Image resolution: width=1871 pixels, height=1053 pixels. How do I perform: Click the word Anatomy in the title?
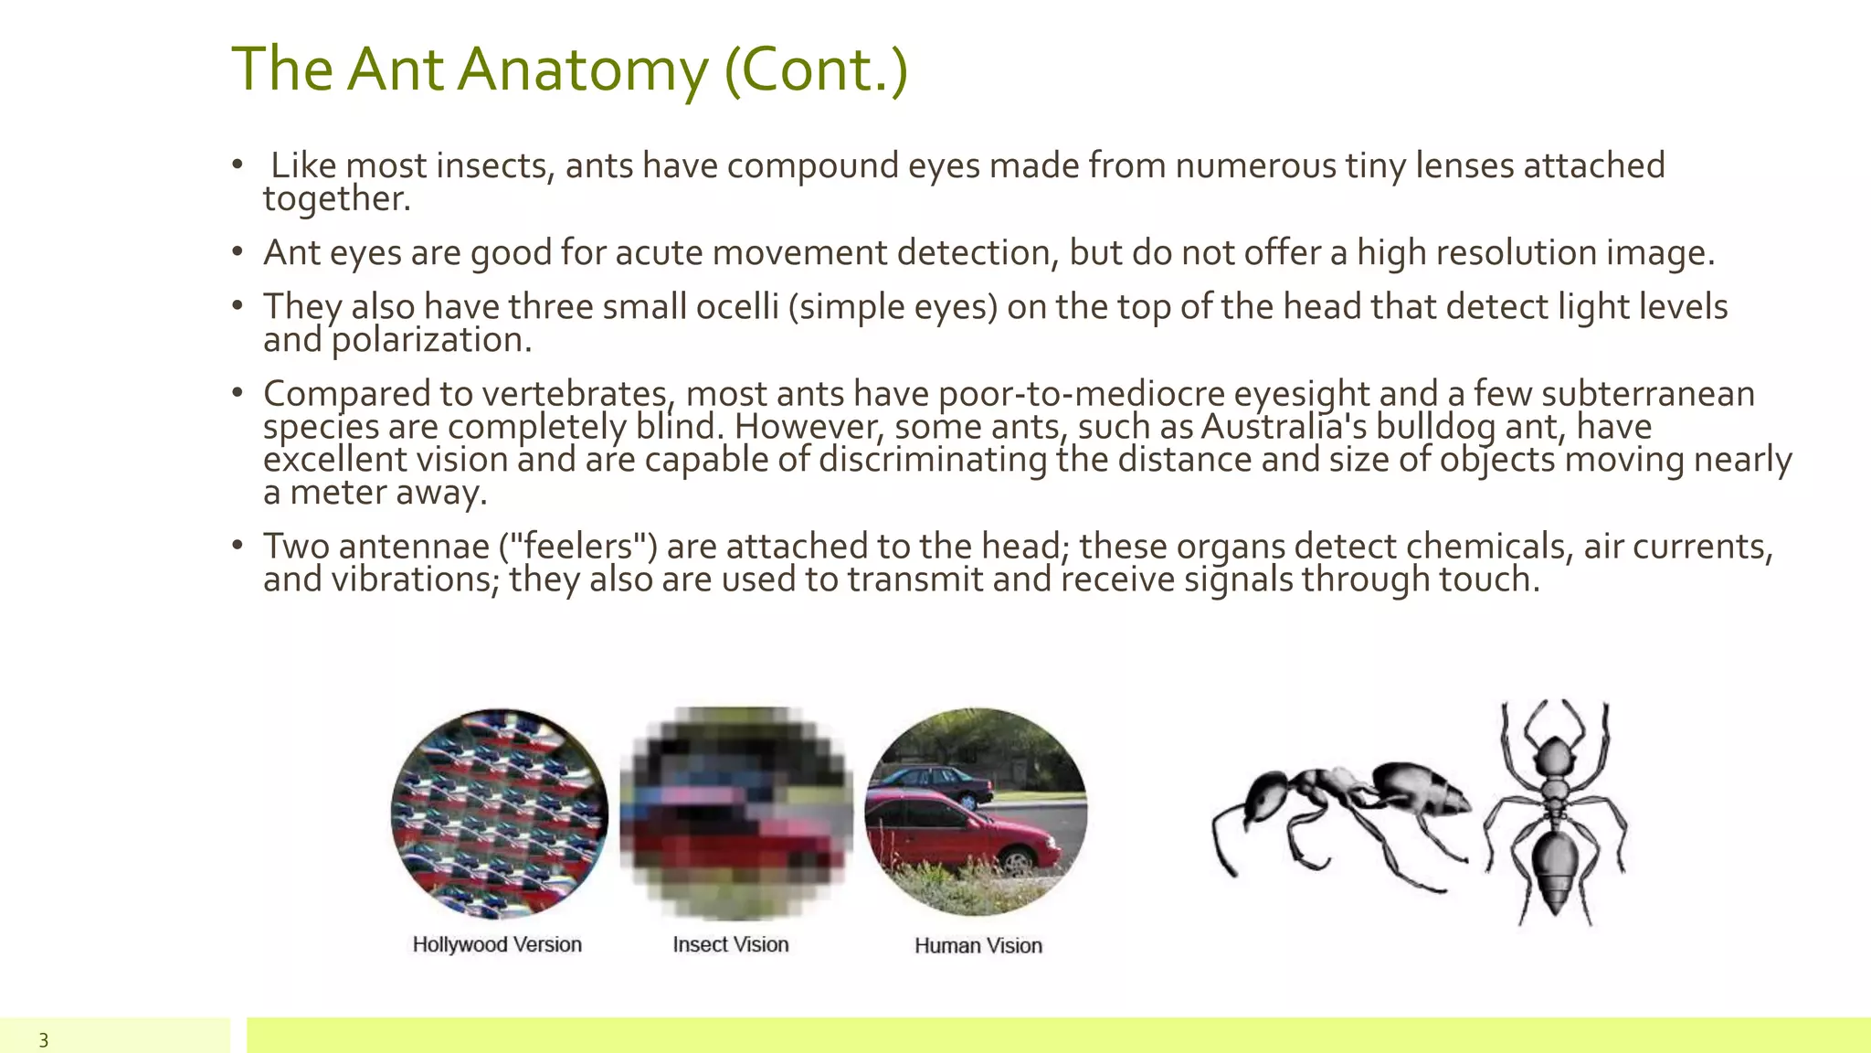583,70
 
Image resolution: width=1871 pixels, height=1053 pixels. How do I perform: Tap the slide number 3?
43,1040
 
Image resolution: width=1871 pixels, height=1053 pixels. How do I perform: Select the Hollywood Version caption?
497,944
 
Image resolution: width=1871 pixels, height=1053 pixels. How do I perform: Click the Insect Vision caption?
731,944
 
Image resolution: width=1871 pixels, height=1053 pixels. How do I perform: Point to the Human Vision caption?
978,945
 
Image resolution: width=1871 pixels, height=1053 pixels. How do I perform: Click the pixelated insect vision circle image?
736,813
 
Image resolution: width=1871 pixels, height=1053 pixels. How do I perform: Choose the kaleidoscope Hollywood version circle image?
499,813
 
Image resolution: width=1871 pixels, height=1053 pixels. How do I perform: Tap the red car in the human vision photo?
959,832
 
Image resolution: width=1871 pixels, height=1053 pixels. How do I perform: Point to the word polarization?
431,340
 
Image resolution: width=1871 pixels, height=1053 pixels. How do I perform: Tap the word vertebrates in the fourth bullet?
576,394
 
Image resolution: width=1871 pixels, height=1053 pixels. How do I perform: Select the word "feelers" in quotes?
577,547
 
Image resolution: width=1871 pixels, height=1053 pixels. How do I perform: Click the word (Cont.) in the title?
816,70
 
